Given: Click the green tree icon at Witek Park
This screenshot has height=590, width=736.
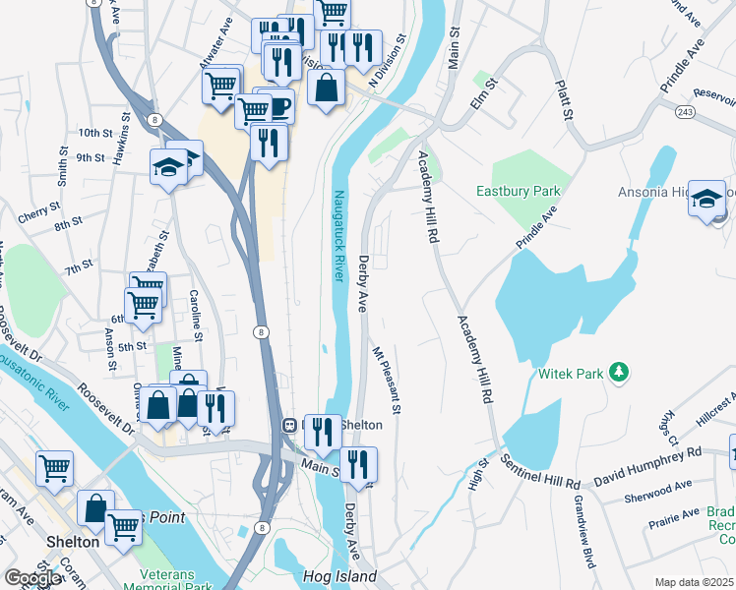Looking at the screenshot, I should pos(619,372).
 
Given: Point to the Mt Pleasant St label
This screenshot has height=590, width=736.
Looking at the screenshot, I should pos(387,379).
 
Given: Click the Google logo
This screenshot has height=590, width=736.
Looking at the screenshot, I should pos(31,578).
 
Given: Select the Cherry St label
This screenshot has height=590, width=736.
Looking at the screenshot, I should pos(39,211).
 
